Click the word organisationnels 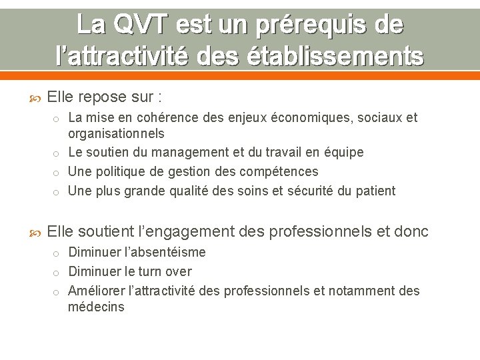pos(116,133)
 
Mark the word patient pos(375,191)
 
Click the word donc pos(411,232)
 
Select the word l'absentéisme pos(166,253)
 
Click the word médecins pos(96,307)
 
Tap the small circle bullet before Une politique pos(58,173)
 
